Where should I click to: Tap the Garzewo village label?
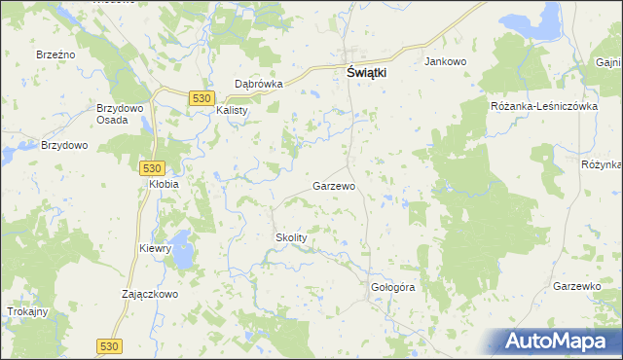pos(333,185)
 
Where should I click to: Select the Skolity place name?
pos(290,237)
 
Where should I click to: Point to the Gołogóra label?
pos(393,288)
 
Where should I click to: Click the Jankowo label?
pos(446,61)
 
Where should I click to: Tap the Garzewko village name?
pos(575,286)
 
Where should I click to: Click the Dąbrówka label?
pos(259,85)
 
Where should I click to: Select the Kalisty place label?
pos(233,110)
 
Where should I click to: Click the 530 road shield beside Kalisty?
pos(202,98)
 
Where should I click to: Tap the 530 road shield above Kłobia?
pos(151,167)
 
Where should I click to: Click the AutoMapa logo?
pos(558,341)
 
